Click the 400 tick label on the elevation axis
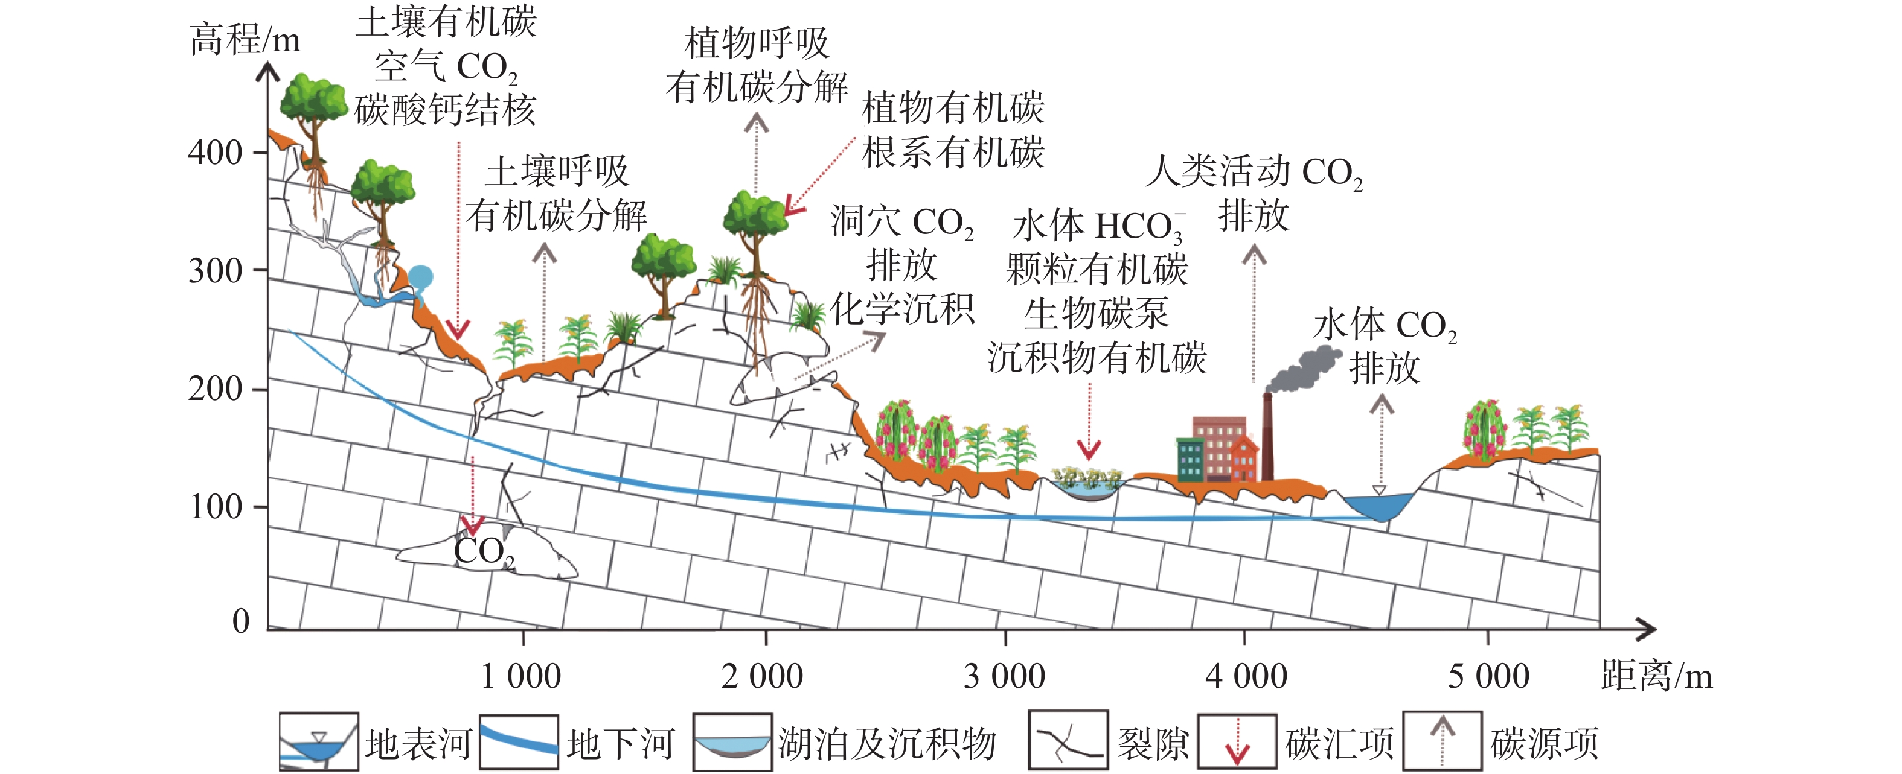tap(215, 153)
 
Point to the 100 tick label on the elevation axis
tap(216, 507)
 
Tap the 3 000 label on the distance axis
tap(1004, 676)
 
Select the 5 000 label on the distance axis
tap(1488, 676)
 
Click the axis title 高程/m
tap(245, 39)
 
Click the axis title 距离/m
tap(1656, 676)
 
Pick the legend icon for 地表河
tap(319, 742)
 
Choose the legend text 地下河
tap(620, 744)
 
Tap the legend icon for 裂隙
tap(1068, 741)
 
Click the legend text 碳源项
tap(1545, 744)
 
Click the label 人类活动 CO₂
tap(1254, 173)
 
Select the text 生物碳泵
tap(1097, 314)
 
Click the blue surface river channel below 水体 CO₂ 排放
tap(1378, 506)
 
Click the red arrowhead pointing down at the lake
tap(1089, 449)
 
